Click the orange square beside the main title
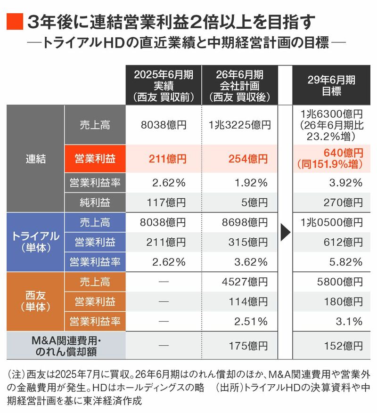click(14, 22)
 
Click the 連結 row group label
click(35, 159)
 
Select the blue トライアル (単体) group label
click(35, 242)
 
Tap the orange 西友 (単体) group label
click(35, 301)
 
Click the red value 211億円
click(163, 159)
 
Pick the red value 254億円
click(240, 159)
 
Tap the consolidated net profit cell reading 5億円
click(240, 203)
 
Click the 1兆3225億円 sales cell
click(240, 125)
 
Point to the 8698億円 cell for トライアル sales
click(240, 222)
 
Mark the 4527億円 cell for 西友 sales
click(240, 282)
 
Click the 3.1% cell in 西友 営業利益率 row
click(332, 322)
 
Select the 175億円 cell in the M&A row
click(240, 346)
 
